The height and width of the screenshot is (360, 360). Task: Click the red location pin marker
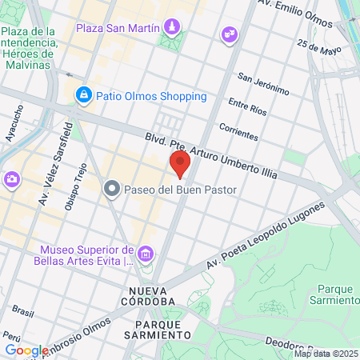point(180,165)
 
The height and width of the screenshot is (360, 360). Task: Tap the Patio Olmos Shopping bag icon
point(83,96)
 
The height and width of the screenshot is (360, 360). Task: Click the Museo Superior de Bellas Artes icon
point(145,254)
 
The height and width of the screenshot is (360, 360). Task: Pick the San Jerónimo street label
point(263,84)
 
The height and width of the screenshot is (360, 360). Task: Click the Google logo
point(26,350)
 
